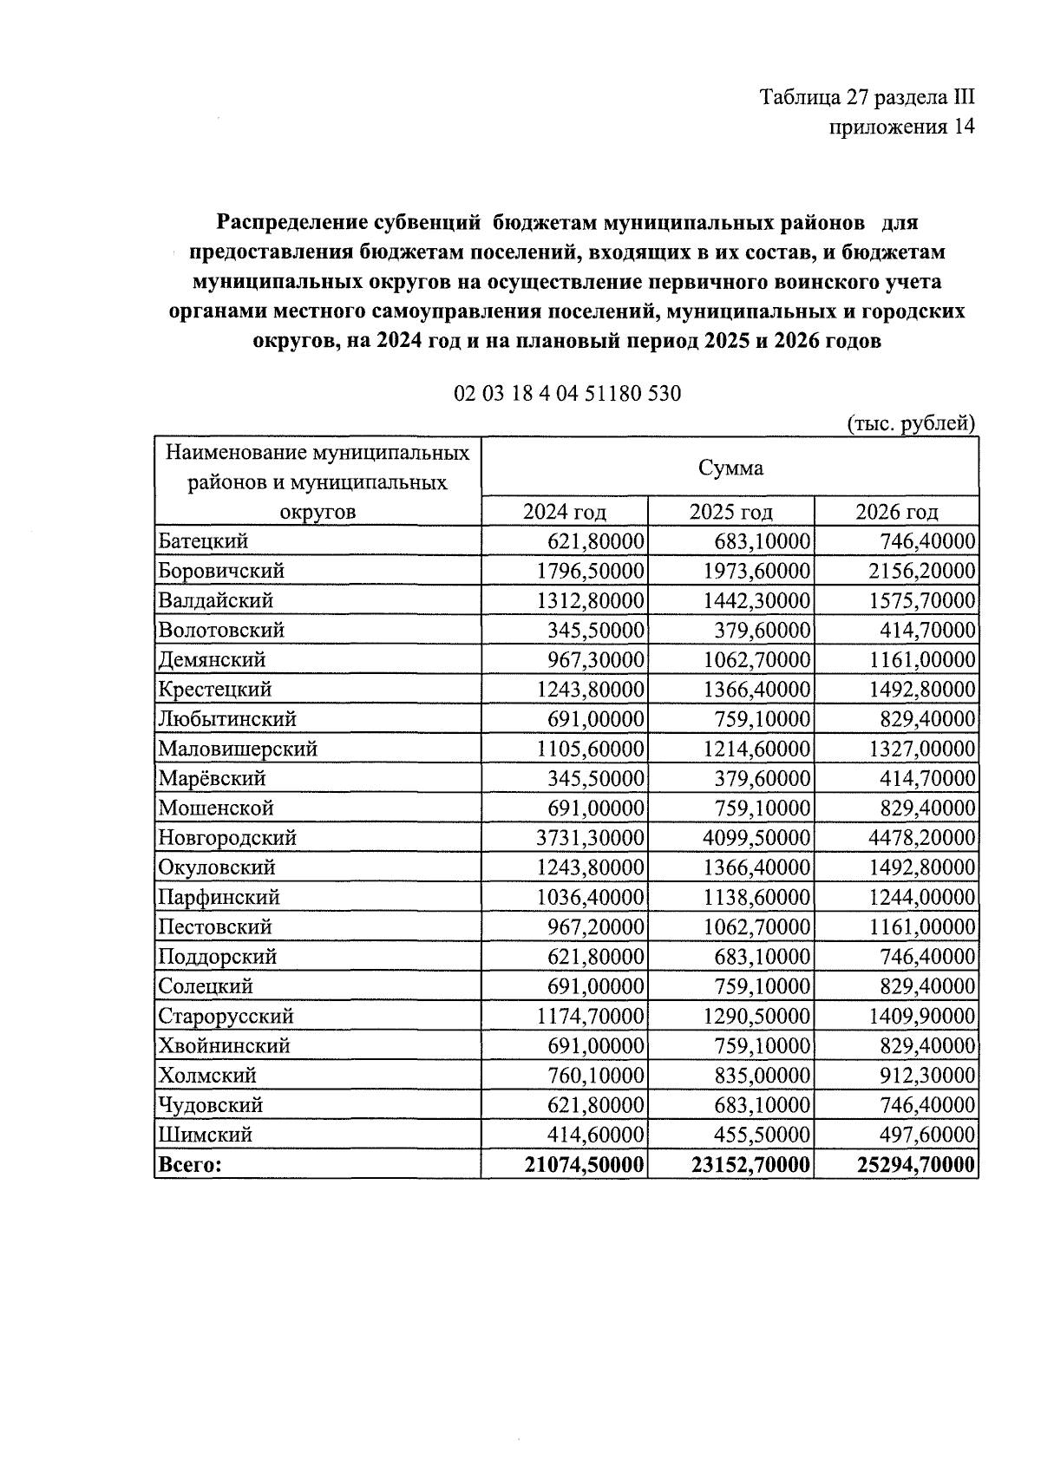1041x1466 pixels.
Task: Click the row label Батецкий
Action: click(x=203, y=541)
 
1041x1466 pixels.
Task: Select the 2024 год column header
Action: click(x=564, y=512)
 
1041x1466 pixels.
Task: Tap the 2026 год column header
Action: click(x=897, y=512)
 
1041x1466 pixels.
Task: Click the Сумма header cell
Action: click(x=730, y=468)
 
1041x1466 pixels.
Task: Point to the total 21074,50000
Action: click(x=585, y=1165)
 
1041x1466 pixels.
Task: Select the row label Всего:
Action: click(x=188, y=1165)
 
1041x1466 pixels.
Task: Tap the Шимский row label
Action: click(x=205, y=1135)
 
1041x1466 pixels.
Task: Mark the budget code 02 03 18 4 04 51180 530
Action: click(x=567, y=394)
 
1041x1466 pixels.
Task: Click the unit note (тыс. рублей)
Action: click(x=911, y=424)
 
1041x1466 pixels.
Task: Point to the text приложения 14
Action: click(x=902, y=128)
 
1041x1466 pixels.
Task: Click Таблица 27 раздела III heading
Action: click(x=867, y=96)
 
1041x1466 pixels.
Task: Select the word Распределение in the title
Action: click(x=287, y=223)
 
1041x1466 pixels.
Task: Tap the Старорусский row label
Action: click(x=226, y=1016)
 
